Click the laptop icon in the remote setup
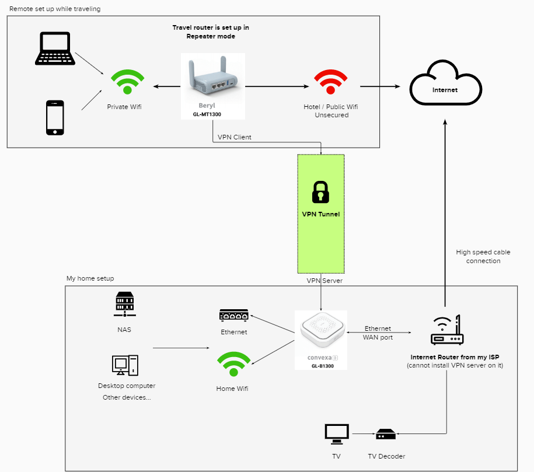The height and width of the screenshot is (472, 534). pos(55,48)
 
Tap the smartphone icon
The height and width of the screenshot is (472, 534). pos(55,117)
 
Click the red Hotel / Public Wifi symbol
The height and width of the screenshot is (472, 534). pos(331,82)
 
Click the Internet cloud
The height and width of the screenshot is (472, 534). pos(445,88)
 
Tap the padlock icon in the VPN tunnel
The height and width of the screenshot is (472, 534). pos(320,191)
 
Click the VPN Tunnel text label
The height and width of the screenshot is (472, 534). pos(320,214)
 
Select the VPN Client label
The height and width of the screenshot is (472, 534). pos(235,137)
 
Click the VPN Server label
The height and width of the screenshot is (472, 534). pos(324,281)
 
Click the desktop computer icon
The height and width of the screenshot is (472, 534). pos(125,365)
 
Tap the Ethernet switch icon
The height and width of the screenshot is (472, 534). pos(233,316)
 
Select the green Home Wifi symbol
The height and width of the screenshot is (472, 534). pos(233,366)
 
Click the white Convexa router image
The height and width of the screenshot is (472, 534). pos(321,333)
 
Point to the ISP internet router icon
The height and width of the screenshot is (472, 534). pos(446,330)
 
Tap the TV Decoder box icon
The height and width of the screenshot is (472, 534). pos(386,434)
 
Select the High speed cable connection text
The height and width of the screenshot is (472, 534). pos(483,257)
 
